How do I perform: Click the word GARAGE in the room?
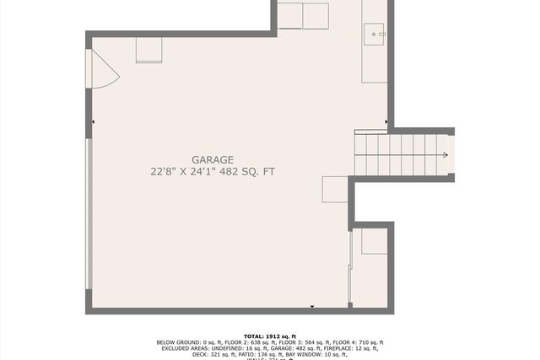213,159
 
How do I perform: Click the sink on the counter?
374,35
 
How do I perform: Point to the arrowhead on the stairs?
445,155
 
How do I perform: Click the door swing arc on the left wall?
104,69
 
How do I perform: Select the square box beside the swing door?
148,51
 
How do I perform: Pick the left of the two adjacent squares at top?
290,16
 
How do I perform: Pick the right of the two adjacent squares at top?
316,16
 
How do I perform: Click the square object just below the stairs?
335,189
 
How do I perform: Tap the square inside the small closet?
374,241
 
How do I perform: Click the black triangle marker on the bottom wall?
312,308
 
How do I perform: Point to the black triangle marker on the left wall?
93,123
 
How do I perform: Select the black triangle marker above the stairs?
386,123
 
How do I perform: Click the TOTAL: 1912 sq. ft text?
269,336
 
